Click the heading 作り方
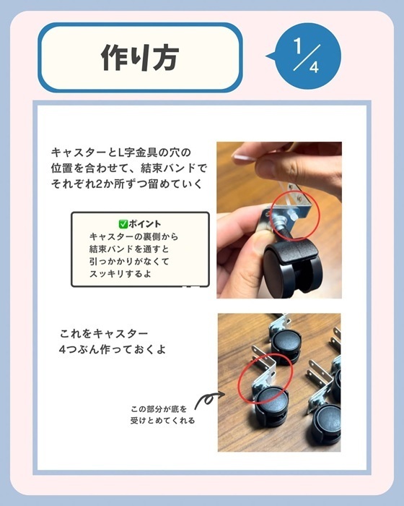pos(140,57)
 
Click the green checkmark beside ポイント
pos(123,224)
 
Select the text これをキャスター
pos(105,334)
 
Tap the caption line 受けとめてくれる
pos(162,420)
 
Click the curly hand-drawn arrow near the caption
pos(207,399)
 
